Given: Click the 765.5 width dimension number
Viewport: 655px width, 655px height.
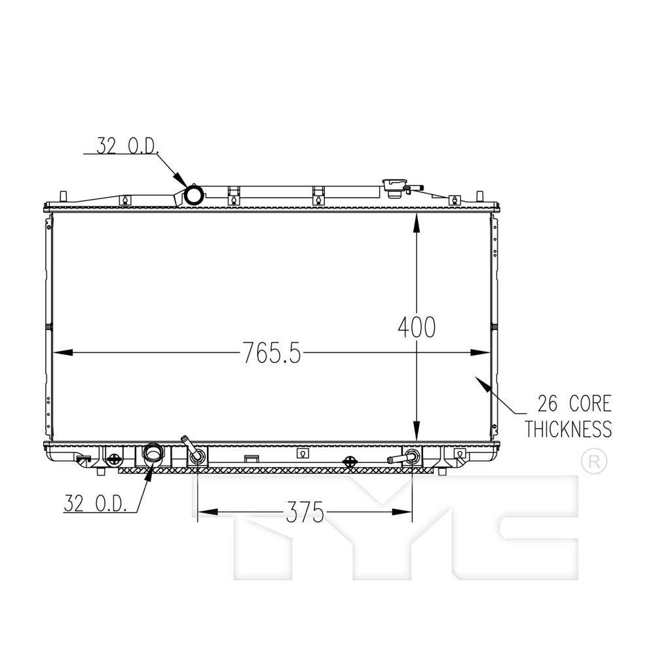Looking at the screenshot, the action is pos(272,353).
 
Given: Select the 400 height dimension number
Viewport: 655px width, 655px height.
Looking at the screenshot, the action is pos(417,327).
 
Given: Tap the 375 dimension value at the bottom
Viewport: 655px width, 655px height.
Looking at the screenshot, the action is pos(305,512).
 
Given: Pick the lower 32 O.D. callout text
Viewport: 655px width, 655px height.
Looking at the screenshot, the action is pos(95,503).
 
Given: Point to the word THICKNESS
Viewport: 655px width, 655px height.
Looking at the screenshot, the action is pos(568,430).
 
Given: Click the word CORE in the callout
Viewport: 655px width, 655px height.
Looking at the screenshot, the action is pos(590,403).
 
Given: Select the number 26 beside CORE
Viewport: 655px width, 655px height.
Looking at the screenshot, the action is pos(548,403).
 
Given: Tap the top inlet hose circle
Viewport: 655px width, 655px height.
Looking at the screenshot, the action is pos(195,195).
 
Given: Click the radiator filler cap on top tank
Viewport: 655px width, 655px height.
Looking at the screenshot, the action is pos(394,187).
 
